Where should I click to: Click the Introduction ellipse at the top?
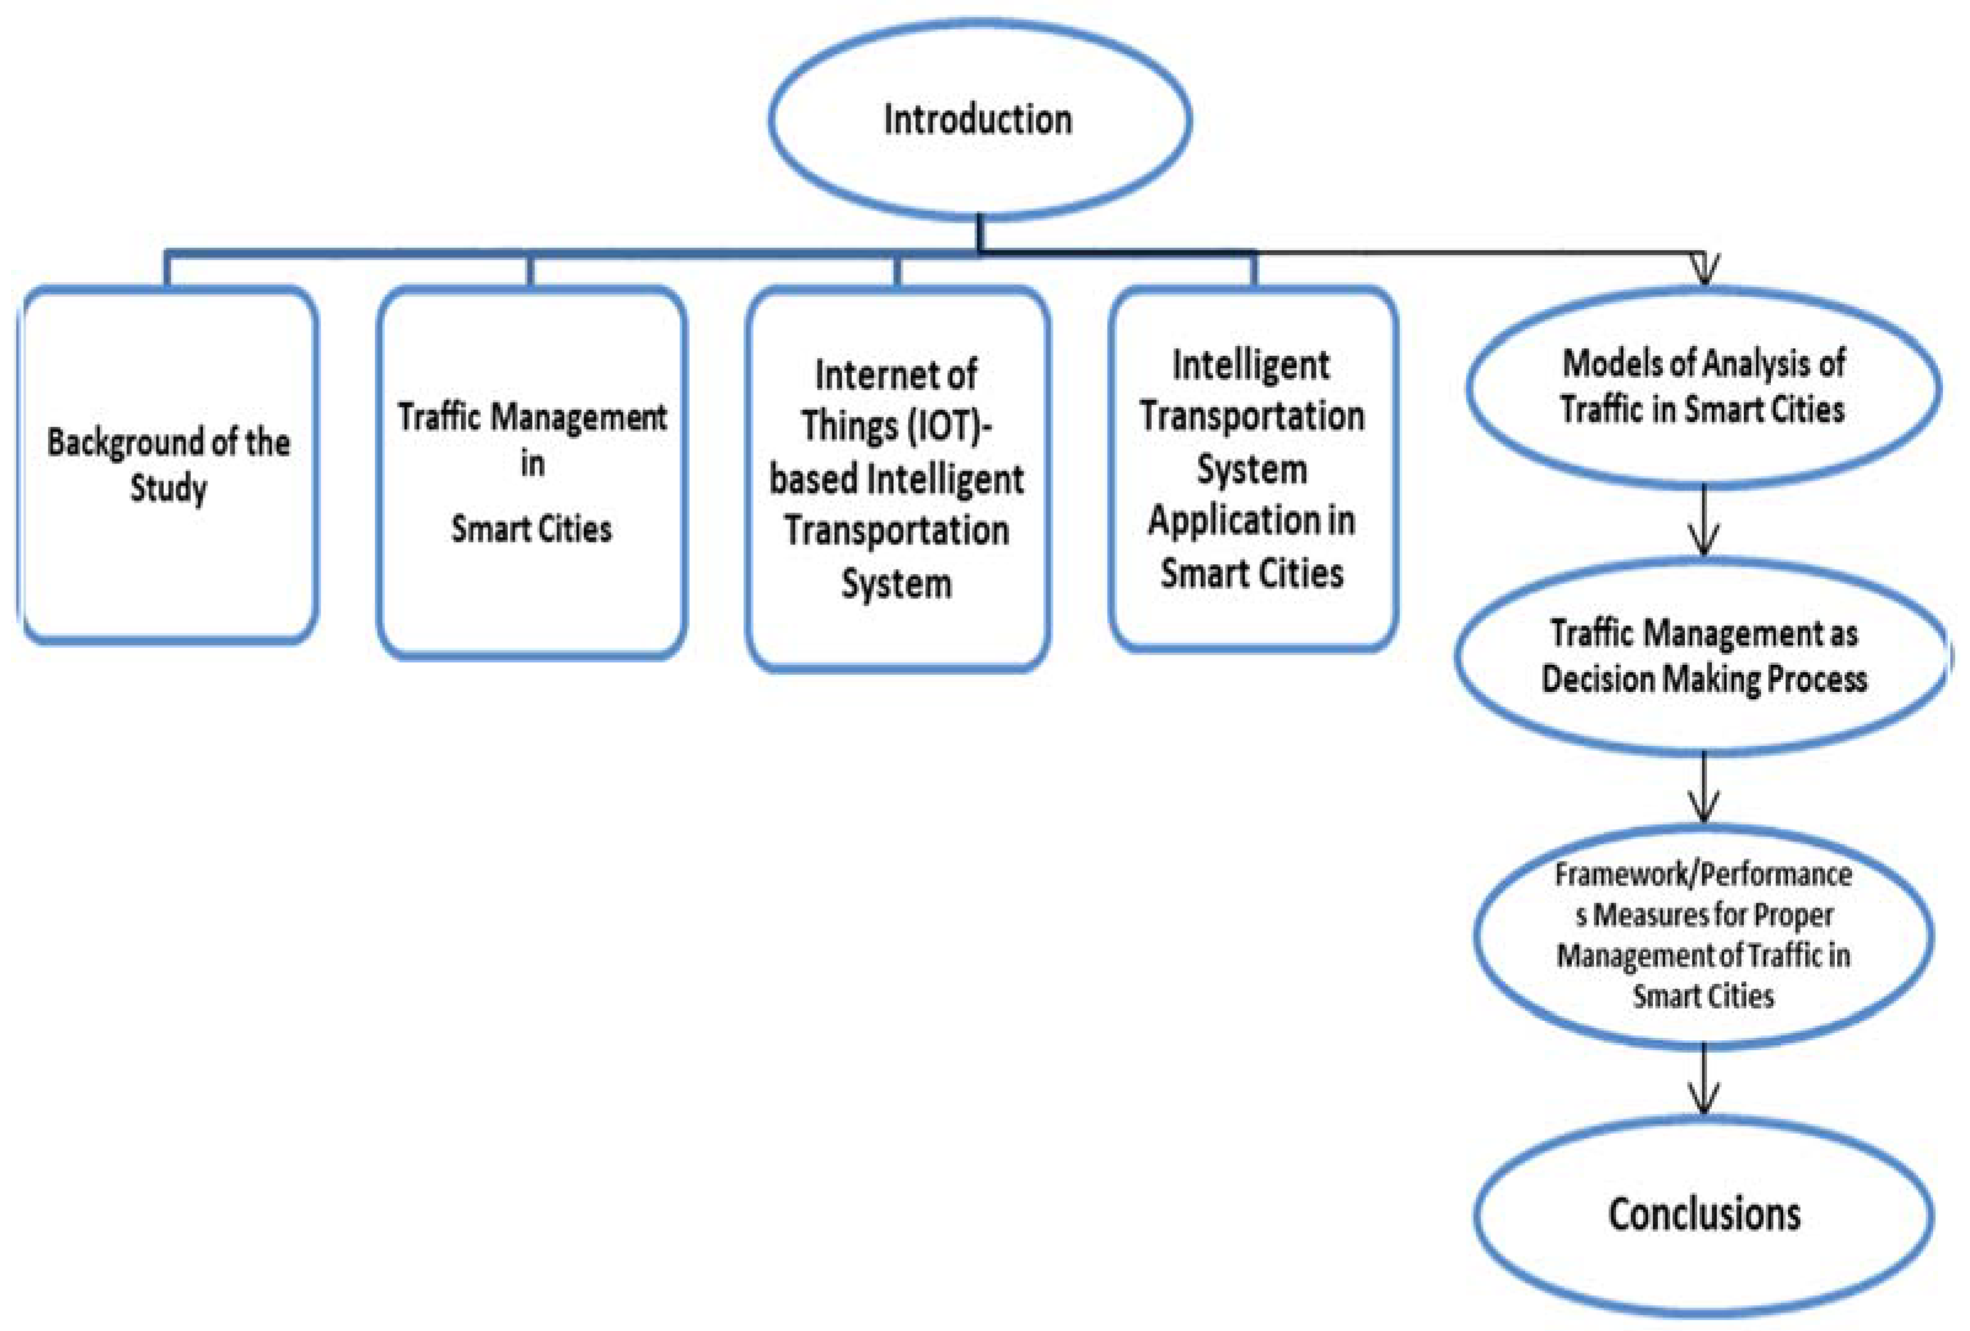coord(979,119)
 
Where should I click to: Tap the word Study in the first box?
coord(168,489)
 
